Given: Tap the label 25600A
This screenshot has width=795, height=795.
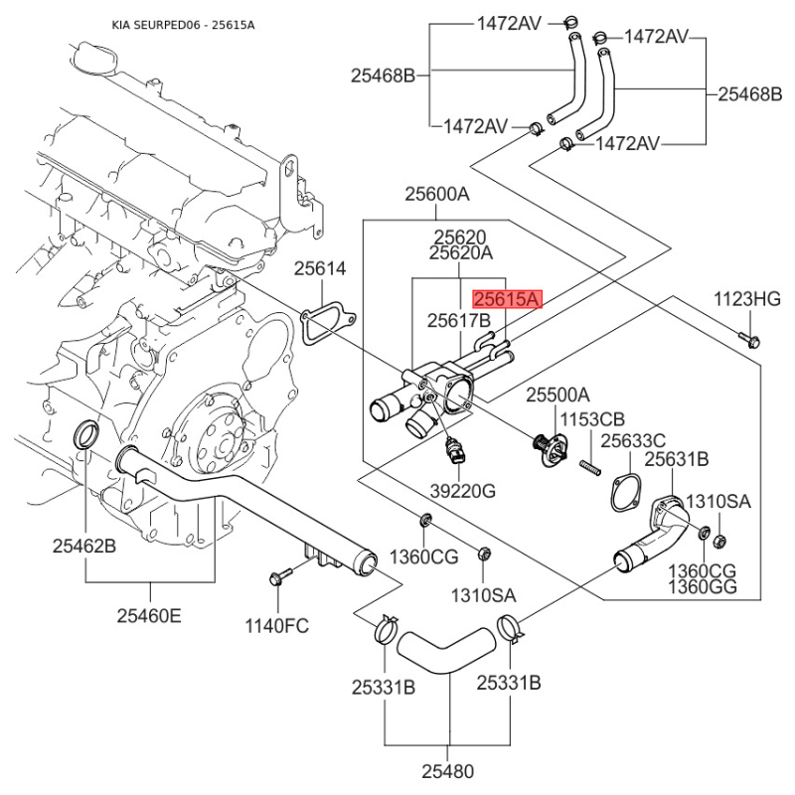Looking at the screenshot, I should click(x=436, y=196).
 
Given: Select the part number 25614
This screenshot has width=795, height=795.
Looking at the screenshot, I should click(x=320, y=269).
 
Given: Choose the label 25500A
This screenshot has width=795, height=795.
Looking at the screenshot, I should click(x=556, y=395).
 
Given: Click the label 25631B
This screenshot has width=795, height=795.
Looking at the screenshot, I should click(x=676, y=459).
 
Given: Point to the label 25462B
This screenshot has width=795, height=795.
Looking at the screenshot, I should click(x=84, y=546).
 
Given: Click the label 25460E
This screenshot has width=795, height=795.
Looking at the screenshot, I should click(x=149, y=616).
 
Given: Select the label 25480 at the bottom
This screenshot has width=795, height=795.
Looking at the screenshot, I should click(x=447, y=770).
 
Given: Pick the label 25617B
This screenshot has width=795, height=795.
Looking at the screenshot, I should click(x=459, y=321).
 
